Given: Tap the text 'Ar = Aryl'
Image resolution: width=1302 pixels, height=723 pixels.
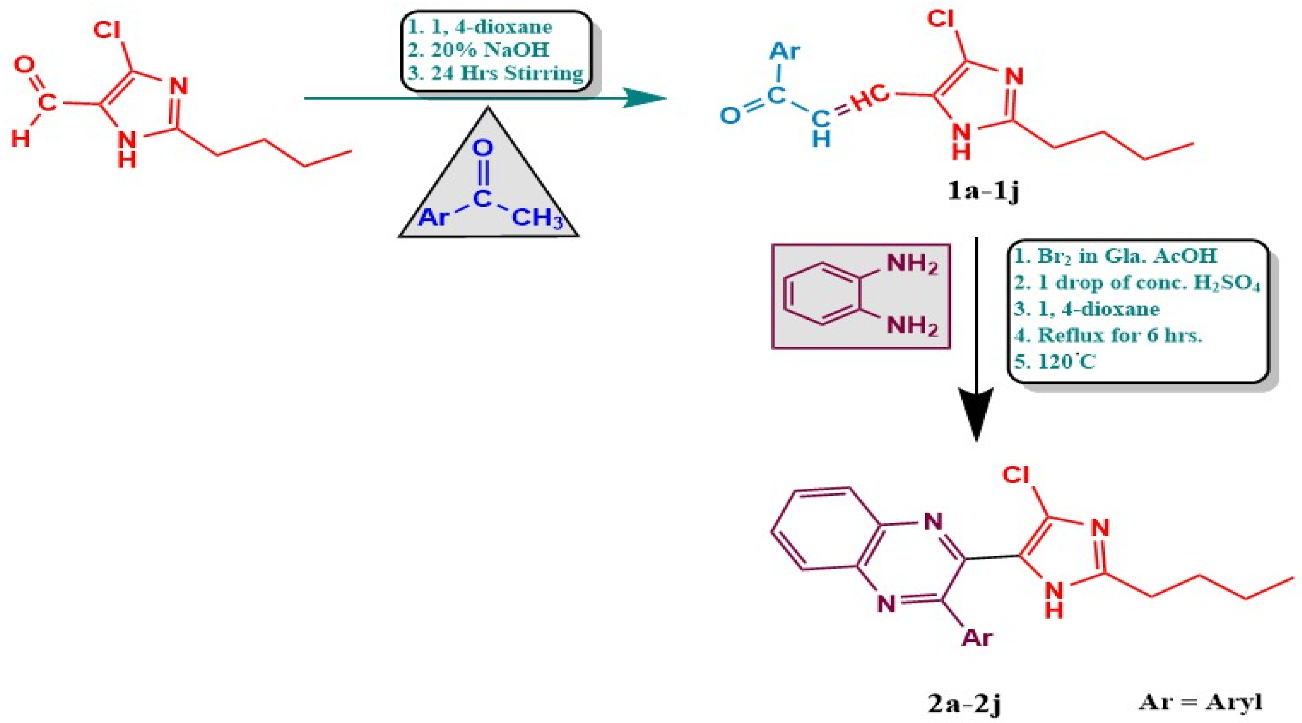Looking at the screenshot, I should (1200, 702).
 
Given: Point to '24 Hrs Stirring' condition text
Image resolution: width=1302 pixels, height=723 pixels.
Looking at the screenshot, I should (507, 73).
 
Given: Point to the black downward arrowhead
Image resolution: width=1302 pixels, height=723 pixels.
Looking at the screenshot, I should (976, 414).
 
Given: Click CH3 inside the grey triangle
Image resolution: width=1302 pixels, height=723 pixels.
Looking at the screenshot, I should (537, 219).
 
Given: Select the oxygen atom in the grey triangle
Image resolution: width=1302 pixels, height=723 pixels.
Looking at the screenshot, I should (483, 148).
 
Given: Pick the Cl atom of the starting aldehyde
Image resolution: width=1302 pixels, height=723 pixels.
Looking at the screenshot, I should (107, 31).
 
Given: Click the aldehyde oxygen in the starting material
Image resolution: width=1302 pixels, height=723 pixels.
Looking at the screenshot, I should (24, 65).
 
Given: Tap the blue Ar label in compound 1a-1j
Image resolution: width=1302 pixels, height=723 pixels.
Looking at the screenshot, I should (784, 51).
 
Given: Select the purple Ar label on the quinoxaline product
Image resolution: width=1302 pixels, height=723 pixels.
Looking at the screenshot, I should (976, 637).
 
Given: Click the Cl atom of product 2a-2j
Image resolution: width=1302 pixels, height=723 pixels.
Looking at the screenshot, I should (1016, 475).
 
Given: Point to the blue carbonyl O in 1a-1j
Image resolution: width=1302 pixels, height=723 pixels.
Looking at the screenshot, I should (730, 115).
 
